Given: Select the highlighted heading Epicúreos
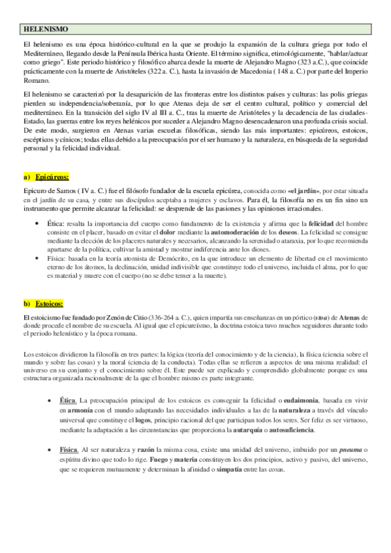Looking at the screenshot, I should click(x=53, y=176).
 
